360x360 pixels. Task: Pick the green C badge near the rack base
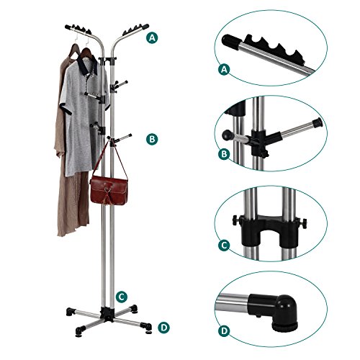(x=123, y=295)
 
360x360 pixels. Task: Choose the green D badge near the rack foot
(x=164, y=328)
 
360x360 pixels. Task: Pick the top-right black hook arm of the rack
(x=133, y=30)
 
